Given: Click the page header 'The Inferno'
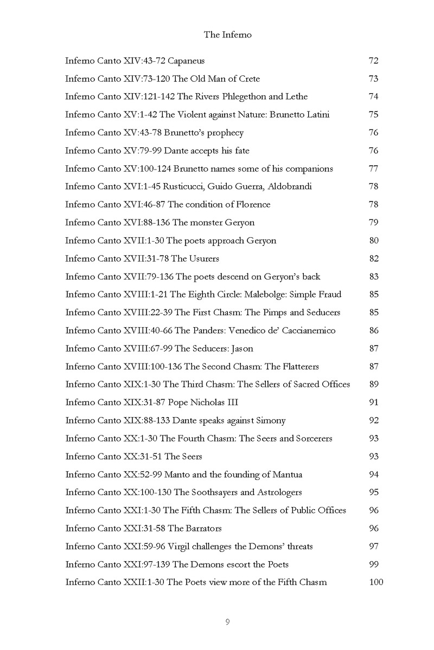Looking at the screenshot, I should coord(228,35).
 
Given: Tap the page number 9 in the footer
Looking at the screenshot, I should coord(228,622).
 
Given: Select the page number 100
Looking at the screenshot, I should coord(375,582).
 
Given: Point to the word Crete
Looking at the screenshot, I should coord(249,79).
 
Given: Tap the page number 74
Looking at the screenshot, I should coord(373,97).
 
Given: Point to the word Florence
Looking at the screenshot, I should coord(252,205).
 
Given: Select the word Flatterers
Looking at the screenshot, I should coord(296,367).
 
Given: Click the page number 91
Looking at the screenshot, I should coord(373,402).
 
